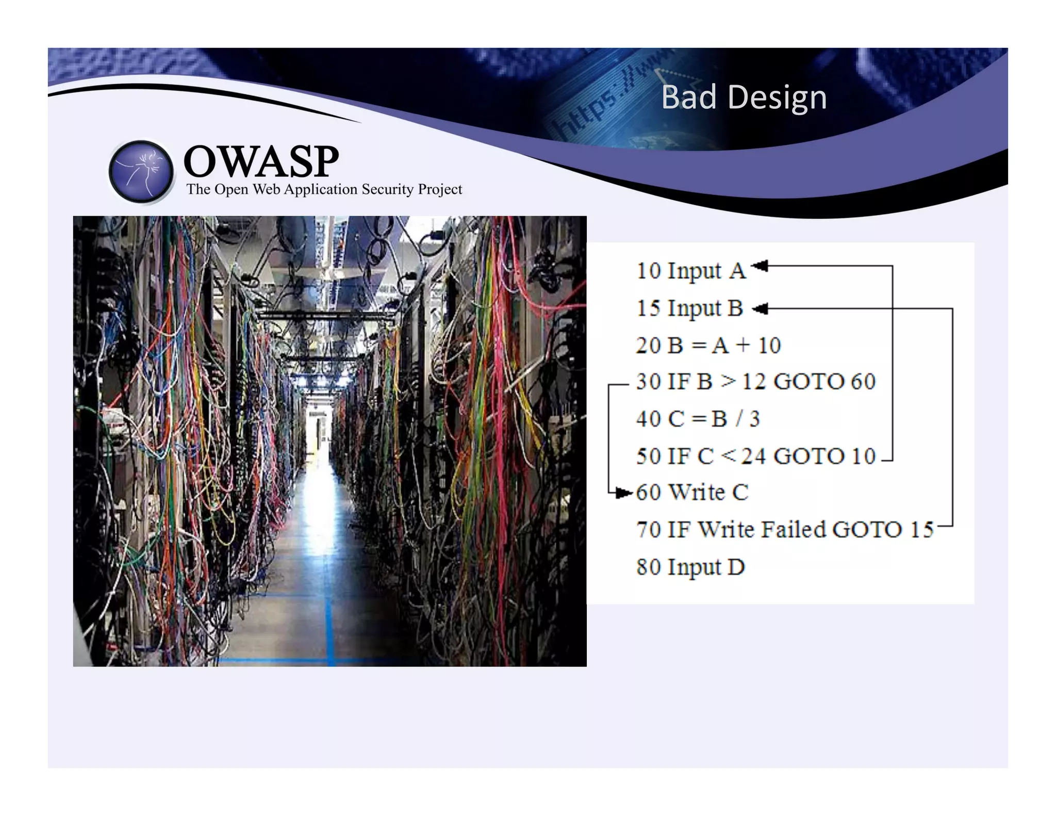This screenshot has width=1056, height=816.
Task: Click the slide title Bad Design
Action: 744,97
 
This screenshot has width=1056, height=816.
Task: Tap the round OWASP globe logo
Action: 141,171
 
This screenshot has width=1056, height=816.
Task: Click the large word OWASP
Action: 261,161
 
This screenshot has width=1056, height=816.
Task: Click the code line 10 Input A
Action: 691,271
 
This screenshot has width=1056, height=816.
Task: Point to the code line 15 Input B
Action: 689,308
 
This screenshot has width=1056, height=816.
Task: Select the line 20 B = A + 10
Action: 708,345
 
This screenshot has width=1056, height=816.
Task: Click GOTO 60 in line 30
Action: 824,382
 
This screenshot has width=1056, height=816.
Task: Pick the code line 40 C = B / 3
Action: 698,419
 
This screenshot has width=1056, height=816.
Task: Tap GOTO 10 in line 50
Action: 824,456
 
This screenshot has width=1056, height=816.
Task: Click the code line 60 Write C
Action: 692,493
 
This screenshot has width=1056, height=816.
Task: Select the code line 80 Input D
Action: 690,567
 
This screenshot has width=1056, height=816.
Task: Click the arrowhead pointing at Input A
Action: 760,266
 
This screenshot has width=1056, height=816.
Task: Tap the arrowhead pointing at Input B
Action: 760,309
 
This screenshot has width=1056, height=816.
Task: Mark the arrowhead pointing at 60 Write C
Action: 624,493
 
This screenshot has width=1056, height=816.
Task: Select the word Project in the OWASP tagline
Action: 440,189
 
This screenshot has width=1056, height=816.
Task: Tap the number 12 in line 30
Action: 753,382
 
